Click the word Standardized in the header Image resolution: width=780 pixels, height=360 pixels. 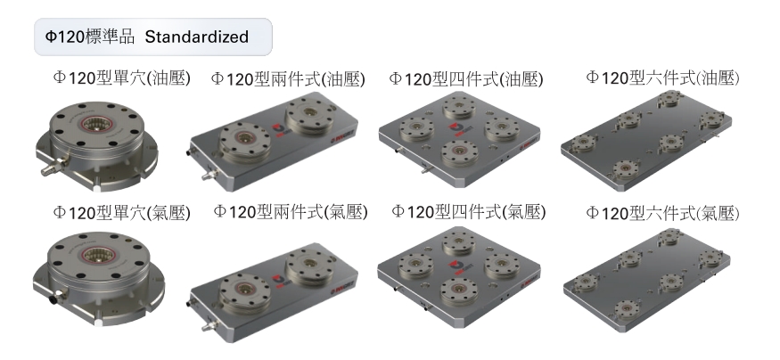(x=196, y=37)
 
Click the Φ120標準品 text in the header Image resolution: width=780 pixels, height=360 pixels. (x=89, y=37)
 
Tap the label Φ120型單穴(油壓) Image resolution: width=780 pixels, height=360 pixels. (x=121, y=78)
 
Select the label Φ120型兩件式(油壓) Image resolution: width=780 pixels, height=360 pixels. (x=288, y=78)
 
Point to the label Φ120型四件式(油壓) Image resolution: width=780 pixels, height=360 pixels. (x=466, y=78)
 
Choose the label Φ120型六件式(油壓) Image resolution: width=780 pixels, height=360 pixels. (x=662, y=77)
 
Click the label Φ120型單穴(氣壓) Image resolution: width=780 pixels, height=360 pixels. (x=121, y=213)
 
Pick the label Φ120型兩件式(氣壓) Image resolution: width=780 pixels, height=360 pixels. (x=291, y=211)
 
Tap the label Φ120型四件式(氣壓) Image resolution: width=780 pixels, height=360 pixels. (x=469, y=211)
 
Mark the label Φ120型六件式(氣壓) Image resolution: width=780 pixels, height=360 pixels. (x=662, y=213)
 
